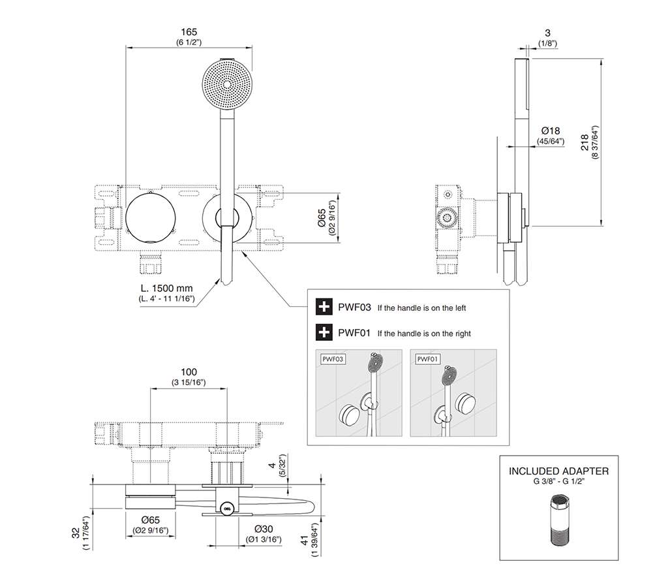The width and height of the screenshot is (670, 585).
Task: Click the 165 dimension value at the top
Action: [x=189, y=32]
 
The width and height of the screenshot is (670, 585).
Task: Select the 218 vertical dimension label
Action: [x=584, y=142]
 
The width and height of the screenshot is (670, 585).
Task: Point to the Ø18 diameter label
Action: [x=551, y=131]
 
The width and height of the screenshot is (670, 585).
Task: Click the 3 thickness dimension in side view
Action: [x=547, y=33]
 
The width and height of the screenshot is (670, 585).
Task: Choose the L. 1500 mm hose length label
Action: [x=166, y=288]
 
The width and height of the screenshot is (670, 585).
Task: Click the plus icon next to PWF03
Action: [x=324, y=307]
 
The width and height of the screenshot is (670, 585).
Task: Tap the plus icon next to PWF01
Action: [x=324, y=332]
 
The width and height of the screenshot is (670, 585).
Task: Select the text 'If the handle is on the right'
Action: [x=424, y=334]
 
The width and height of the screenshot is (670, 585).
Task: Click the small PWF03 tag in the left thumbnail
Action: [x=333, y=359]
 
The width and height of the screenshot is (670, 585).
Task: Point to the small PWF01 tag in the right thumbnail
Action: [x=428, y=359]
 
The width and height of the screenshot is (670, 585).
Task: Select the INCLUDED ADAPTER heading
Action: [x=558, y=471]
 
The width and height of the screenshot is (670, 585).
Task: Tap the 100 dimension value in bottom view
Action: [x=189, y=372]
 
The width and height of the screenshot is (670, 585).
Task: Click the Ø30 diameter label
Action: [x=264, y=529]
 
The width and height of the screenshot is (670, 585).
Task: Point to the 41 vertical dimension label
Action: [x=305, y=541]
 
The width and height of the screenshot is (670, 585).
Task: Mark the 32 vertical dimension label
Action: [x=76, y=533]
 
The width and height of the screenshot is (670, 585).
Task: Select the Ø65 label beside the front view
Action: [x=322, y=217]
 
